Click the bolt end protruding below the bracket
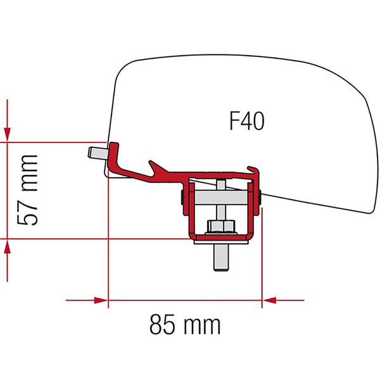point(220,256)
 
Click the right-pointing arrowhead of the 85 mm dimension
point(99,300)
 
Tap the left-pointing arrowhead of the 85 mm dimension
point(271,300)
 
